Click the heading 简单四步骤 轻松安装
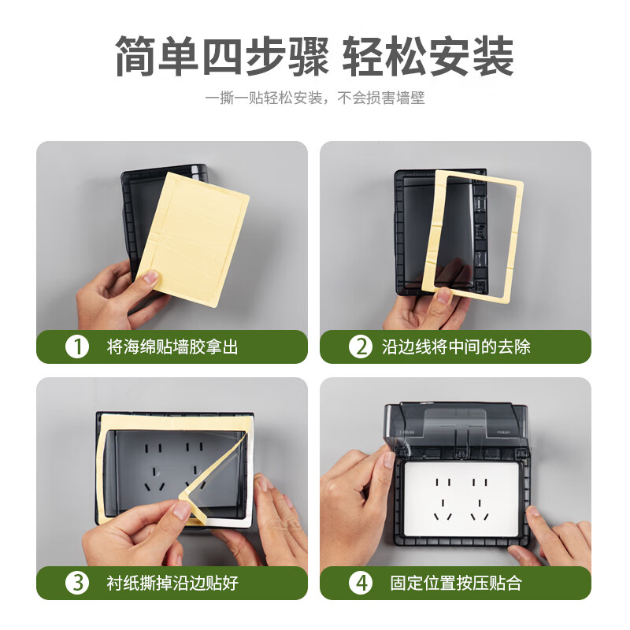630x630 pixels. (x=315, y=56)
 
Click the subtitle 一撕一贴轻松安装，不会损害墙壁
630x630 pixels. (x=315, y=98)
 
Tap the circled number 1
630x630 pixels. (x=76, y=346)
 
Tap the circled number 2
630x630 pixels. (x=360, y=346)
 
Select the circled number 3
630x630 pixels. (x=76, y=583)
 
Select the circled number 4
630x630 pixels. (x=360, y=583)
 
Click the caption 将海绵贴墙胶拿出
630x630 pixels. (x=172, y=346)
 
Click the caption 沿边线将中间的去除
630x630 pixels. (x=456, y=346)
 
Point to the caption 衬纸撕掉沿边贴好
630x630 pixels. (x=172, y=583)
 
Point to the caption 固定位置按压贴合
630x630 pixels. (x=456, y=583)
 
